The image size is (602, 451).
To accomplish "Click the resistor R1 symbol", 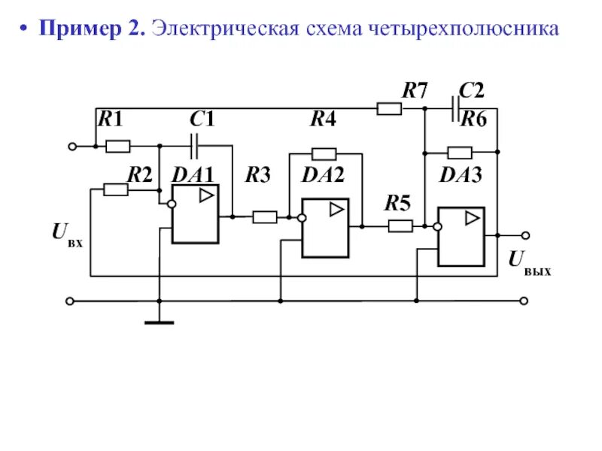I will tap(118, 146).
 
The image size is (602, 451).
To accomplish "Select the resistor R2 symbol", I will tap(115, 190).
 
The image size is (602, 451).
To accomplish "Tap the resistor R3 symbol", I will tap(264, 217).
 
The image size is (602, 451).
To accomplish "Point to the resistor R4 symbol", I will tap(324, 153).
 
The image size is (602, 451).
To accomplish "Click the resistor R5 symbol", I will tap(400, 225).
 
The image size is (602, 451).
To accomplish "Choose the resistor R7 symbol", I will tap(389, 109).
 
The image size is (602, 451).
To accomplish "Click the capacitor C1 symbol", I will tap(194, 141).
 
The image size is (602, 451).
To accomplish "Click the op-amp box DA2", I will tap(325, 228).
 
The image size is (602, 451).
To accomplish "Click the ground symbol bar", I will tap(160, 322).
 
